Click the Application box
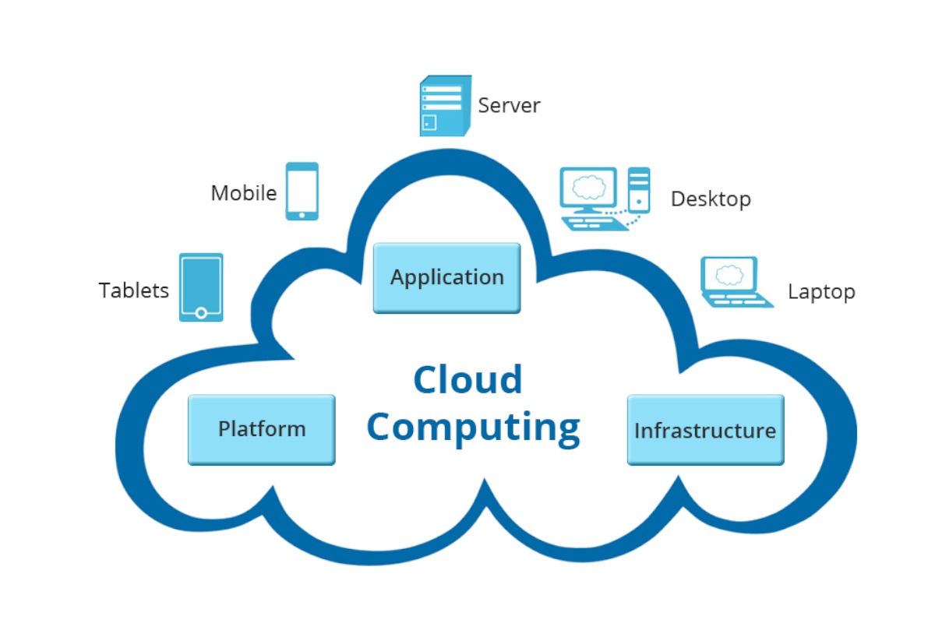point(446,277)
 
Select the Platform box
point(261,429)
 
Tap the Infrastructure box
point(705,430)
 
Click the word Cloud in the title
point(467,380)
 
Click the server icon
point(445,106)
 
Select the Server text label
point(509,106)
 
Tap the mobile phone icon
point(302,191)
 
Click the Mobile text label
point(243,193)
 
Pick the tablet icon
point(201,287)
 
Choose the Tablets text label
point(133,290)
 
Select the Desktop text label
point(711,199)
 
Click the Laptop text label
point(821,292)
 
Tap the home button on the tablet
point(201,313)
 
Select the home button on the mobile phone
point(302,214)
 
